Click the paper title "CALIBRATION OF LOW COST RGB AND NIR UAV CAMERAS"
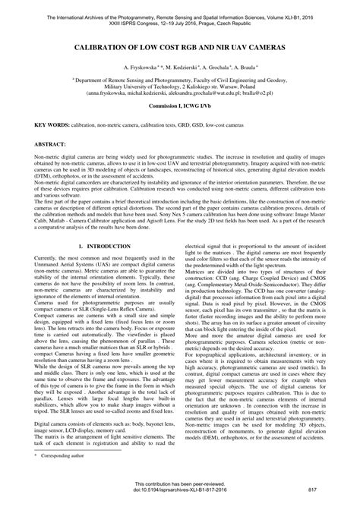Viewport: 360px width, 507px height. pyautogui.click(x=180, y=47)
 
